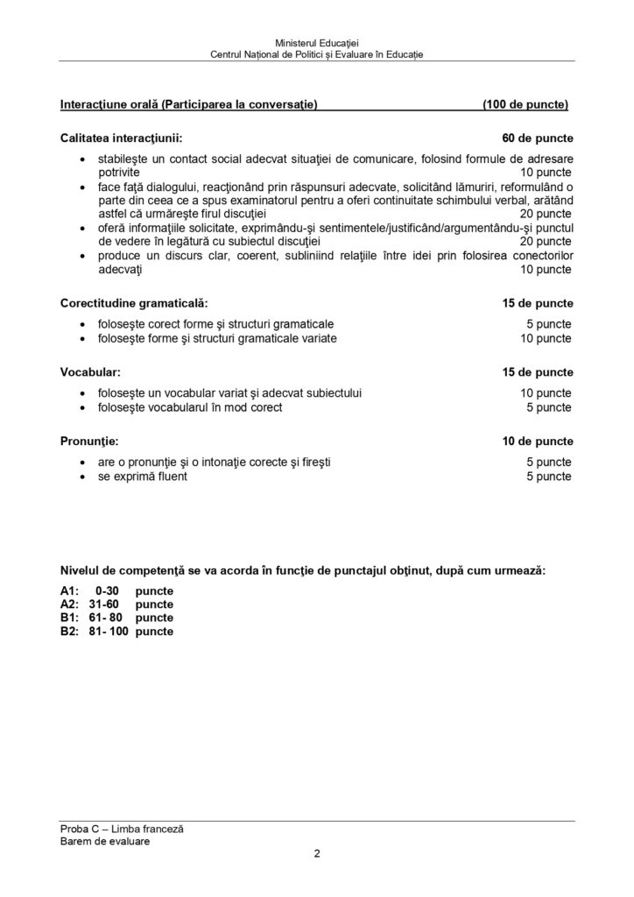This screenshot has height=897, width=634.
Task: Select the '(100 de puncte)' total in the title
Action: tap(525, 105)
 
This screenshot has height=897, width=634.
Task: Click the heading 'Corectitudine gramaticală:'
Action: tap(134, 303)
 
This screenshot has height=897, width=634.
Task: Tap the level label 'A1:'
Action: tap(69, 591)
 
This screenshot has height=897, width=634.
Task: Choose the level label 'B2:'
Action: tap(70, 631)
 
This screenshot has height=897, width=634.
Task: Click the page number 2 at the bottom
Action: tap(317, 857)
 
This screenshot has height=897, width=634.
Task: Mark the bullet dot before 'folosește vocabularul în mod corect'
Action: tap(82, 407)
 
